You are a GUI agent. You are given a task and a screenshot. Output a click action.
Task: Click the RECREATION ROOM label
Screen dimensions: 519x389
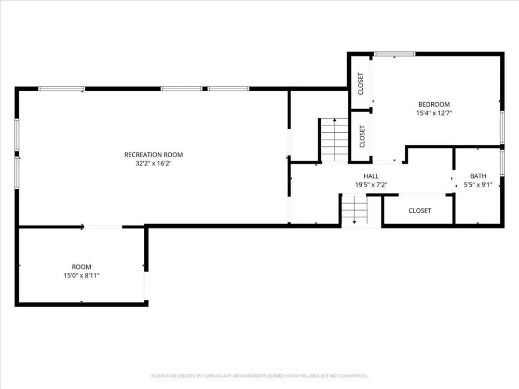pyautogui.click(x=153, y=155)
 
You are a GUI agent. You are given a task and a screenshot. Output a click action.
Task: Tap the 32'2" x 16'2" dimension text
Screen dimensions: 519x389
pyautogui.click(x=153, y=163)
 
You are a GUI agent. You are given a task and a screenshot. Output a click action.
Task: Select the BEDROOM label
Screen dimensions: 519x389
pyautogui.click(x=434, y=104)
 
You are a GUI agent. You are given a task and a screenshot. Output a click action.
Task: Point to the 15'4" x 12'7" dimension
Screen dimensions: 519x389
pyautogui.click(x=434, y=113)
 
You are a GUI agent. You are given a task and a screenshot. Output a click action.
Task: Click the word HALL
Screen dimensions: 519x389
pyautogui.click(x=371, y=176)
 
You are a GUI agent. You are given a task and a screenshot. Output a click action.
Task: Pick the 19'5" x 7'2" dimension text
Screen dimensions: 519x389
pyautogui.click(x=371, y=185)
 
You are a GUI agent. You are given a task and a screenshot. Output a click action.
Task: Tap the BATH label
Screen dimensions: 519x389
pyautogui.click(x=478, y=176)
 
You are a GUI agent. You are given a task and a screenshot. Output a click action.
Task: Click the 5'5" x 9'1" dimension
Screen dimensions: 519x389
pyautogui.click(x=478, y=185)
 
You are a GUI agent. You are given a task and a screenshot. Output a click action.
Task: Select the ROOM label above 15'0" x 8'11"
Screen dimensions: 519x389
pyautogui.click(x=81, y=267)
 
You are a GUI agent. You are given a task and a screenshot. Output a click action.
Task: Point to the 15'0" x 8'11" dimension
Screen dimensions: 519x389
pyautogui.click(x=81, y=275)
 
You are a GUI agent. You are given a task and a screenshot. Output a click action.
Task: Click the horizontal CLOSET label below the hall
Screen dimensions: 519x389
pyautogui.click(x=420, y=211)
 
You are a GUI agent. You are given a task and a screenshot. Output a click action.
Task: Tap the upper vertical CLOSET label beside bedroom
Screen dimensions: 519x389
pyautogui.click(x=361, y=84)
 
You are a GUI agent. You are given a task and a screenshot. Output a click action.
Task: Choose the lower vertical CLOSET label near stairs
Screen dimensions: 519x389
pyautogui.click(x=362, y=136)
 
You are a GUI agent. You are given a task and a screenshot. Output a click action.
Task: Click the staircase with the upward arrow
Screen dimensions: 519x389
pyautogui.click(x=334, y=140)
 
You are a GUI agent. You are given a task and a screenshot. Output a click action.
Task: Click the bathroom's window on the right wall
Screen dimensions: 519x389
pyautogui.click(x=502, y=162)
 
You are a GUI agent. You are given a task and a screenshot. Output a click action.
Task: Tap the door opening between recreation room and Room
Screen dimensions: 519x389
pyautogui.click(x=103, y=227)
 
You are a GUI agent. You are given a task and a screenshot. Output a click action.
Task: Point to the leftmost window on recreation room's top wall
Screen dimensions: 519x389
pyautogui.click(x=62, y=89)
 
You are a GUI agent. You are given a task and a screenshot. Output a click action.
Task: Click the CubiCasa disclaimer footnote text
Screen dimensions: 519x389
pyautogui.click(x=259, y=376)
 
